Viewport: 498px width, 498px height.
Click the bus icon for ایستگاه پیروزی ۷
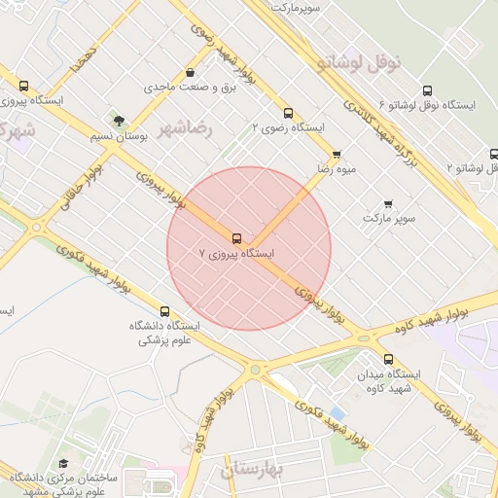(x=236, y=238)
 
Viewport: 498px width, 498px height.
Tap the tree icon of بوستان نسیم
(x=119, y=122)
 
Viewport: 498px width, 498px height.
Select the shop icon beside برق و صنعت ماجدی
(x=189, y=72)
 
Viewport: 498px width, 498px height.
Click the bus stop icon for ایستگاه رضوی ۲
(x=287, y=112)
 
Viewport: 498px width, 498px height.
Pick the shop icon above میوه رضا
(x=337, y=154)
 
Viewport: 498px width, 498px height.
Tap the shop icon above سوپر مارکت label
(x=388, y=204)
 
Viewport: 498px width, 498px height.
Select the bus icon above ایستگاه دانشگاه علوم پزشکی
(x=163, y=312)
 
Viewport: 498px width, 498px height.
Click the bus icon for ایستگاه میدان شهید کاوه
(x=388, y=359)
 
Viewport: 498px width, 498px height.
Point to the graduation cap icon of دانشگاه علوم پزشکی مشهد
(x=63, y=464)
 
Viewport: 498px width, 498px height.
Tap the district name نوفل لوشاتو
(x=359, y=62)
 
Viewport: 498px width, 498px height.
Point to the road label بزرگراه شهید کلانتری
(x=393, y=141)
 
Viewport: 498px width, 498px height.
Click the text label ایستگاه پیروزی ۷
(x=237, y=253)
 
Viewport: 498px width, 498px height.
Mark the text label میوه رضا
(x=335, y=168)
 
